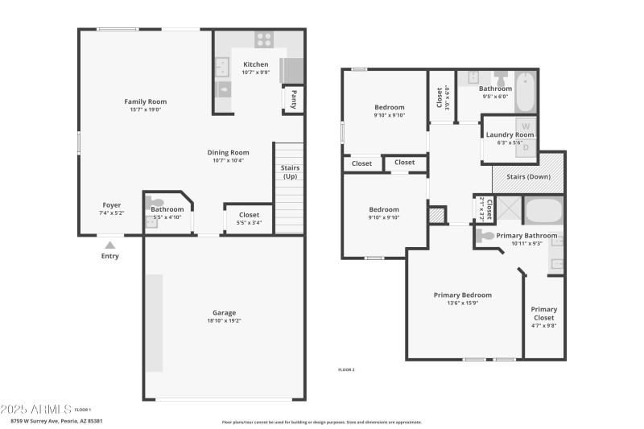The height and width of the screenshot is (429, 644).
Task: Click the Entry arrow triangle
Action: pyautogui.click(x=110, y=245)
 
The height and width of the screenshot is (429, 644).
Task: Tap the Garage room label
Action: pyautogui.click(x=224, y=312)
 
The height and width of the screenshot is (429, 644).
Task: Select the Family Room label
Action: pyautogui.click(x=145, y=101)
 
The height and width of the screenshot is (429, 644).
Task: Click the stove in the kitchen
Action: pyautogui.click(x=263, y=39)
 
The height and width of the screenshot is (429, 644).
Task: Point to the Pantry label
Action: pyautogui.click(x=294, y=99)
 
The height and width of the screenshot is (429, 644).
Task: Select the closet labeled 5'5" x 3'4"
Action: pyautogui.click(x=249, y=215)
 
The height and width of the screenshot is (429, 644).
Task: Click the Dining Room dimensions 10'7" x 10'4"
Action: pyautogui.click(x=229, y=160)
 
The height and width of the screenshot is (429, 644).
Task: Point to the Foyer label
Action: pyautogui.click(x=111, y=204)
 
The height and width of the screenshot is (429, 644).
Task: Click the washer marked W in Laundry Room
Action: pyautogui.click(x=526, y=126)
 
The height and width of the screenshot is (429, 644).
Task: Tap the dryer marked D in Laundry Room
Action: pyautogui.click(x=526, y=146)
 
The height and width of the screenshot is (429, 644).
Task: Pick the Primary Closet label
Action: pyautogui.click(x=543, y=313)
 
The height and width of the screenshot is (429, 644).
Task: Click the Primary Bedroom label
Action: pyautogui.click(x=462, y=295)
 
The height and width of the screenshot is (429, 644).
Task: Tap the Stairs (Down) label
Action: pyautogui.click(x=527, y=176)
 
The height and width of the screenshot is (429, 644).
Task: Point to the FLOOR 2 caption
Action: pyautogui.click(x=345, y=369)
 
